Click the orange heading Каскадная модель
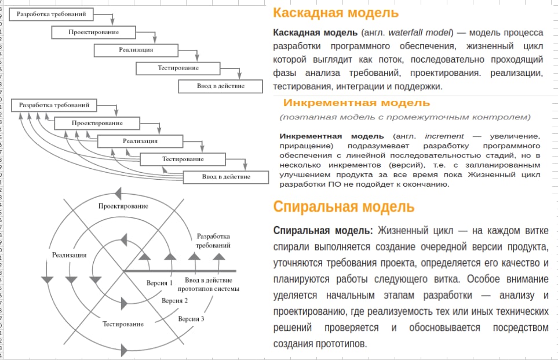pyautogui.click(x=335, y=13)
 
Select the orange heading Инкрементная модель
pyautogui.click(x=356, y=103)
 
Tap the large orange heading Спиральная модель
pyautogui.click(x=344, y=207)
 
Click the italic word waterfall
pyautogui.click(x=406, y=33)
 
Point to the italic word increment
pyautogui.click(x=444, y=136)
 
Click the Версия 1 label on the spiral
pyautogui.click(x=159, y=283)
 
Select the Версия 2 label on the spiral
pyautogui.click(x=175, y=301)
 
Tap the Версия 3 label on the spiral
pyautogui.click(x=191, y=319)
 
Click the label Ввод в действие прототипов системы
pyautogui.click(x=209, y=285)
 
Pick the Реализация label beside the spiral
pyautogui.click(x=70, y=255)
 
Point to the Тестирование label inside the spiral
pyautogui.click(x=123, y=325)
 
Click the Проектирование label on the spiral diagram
pyautogui.click(x=123, y=206)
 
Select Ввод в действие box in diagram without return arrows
pyautogui.click(x=221, y=86)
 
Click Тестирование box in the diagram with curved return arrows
pyautogui.click(x=183, y=159)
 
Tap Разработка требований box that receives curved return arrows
pyautogui.click(x=54, y=106)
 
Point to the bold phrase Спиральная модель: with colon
pyautogui.click(x=323, y=231)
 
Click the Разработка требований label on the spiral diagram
pyautogui.click(x=213, y=241)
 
